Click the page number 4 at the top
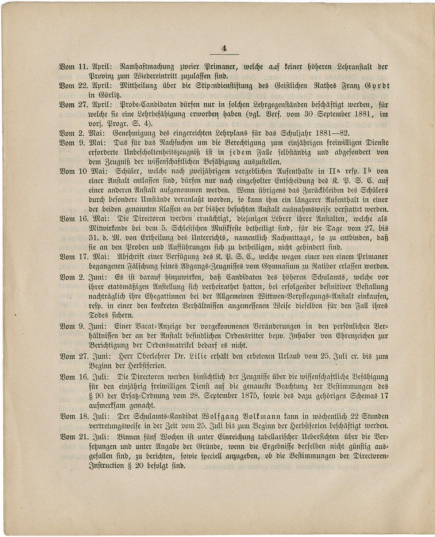224,49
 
